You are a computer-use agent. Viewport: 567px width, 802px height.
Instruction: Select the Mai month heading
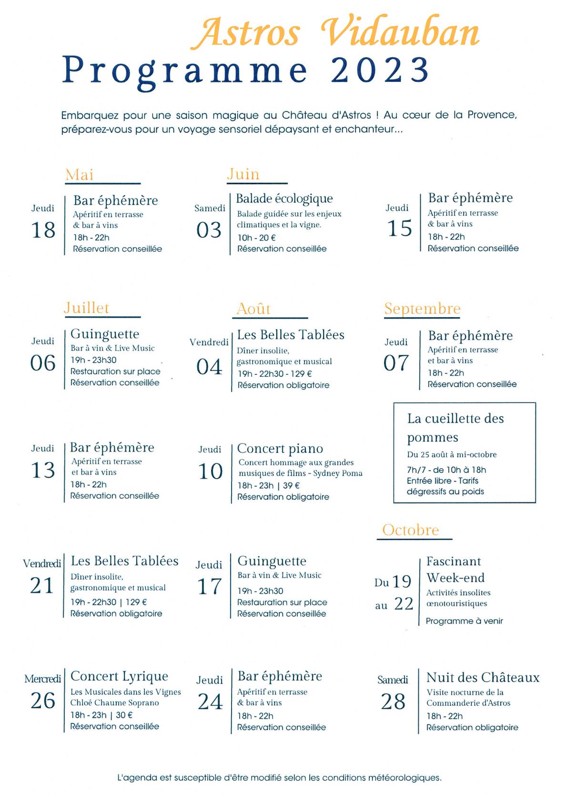tap(80, 175)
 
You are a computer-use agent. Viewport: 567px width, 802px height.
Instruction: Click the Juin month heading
tap(243, 174)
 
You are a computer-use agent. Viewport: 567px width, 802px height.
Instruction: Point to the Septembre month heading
tap(422, 309)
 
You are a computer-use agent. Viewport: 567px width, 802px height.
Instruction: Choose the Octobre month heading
tap(411, 530)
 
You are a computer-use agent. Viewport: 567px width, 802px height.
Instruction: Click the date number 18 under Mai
tap(43, 230)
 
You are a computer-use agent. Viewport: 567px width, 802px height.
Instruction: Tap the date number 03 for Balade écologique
tap(209, 230)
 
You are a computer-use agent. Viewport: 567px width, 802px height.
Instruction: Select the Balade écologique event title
tap(284, 199)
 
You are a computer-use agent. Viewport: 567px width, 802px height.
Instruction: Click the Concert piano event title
tap(280, 449)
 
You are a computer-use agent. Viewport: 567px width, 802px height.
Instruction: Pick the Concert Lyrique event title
tap(119, 676)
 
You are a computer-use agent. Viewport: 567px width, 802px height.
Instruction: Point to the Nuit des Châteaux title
tap(483, 677)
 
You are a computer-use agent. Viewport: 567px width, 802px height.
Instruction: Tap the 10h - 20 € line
tap(257, 237)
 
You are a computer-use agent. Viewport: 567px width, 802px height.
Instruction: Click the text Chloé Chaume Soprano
tap(115, 702)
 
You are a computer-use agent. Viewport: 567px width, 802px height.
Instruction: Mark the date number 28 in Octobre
tap(393, 702)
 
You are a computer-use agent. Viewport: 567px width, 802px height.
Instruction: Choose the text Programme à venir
tap(465, 621)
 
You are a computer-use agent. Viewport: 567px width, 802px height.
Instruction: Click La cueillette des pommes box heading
tap(455, 428)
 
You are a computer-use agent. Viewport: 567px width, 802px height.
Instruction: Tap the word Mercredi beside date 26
tap(43, 679)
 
